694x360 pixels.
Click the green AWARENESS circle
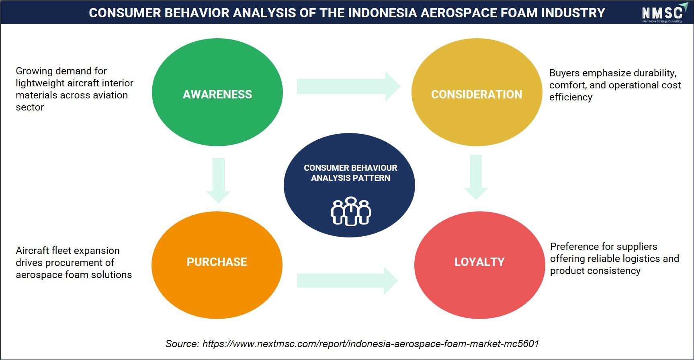pos(217,92)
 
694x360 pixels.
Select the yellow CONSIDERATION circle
pos(477,92)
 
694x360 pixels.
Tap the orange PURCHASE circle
pos(217,265)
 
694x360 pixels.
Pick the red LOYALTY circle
pos(480,265)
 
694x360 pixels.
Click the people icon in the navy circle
pos(351,211)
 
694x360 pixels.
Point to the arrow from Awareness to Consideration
pos(348,86)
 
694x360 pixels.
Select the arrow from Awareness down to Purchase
pos(219,180)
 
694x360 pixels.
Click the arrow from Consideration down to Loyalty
pos(476,177)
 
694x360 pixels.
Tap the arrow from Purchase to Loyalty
pos(348,280)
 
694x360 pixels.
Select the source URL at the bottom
pos(371,344)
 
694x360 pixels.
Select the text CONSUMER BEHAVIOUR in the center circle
pos(350,168)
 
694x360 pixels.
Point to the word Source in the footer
pos(182,344)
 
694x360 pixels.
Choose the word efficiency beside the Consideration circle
pos(571,97)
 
